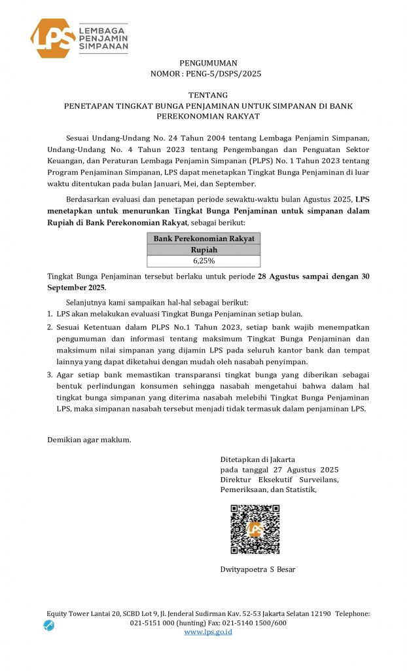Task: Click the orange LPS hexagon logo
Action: (x=52, y=38)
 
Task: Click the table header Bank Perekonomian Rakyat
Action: (x=203, y=239)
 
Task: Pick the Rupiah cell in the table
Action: (x=203, y=250)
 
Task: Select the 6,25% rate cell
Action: (x=203, y=261)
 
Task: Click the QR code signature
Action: (x=255, y=529)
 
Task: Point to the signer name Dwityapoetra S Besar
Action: (x=257, y=569)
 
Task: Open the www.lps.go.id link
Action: (x=208, y=632)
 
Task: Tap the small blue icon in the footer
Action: (x=49, y=625)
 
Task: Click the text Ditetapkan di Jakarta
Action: (x=257, y=459)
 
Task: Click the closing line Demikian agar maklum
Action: (x=90, y=439)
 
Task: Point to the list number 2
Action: (x=50, y=326)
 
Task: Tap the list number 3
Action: (x=50, y=374)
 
